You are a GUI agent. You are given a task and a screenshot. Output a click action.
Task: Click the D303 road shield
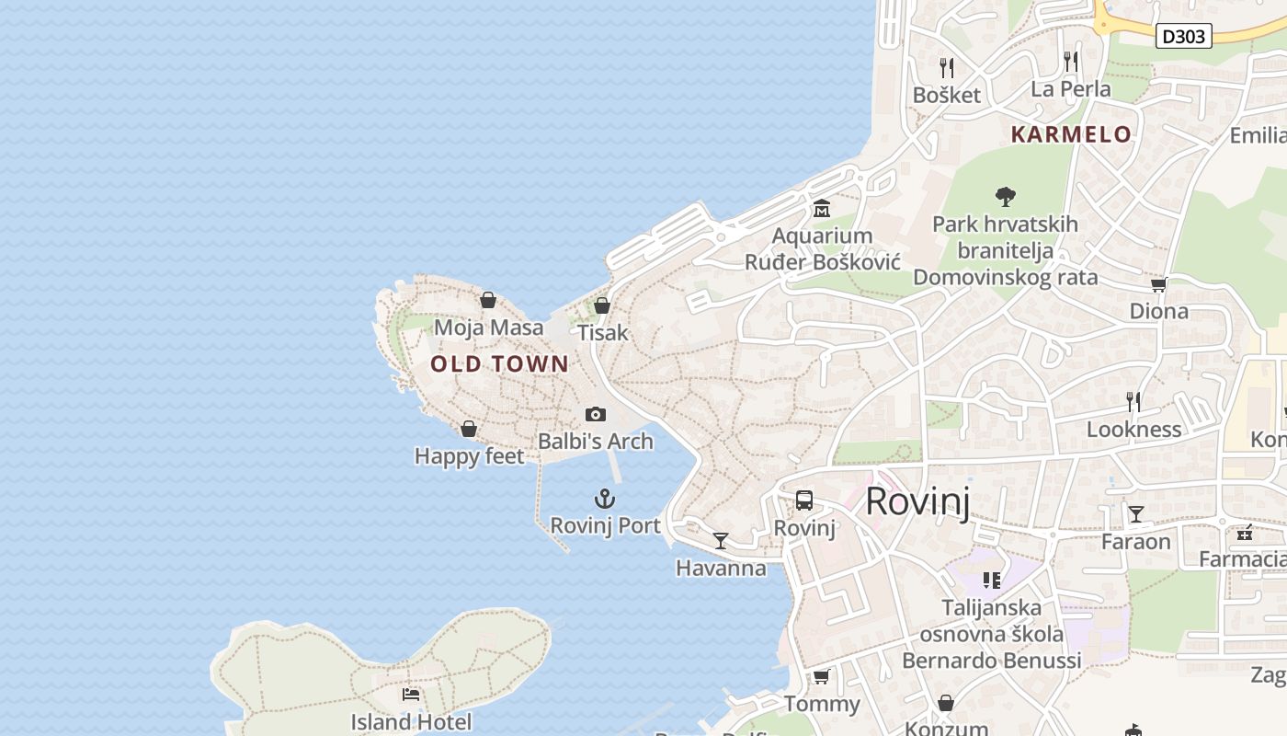coord(1184,36)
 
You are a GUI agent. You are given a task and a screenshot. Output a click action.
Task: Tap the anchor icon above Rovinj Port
coord(604,500)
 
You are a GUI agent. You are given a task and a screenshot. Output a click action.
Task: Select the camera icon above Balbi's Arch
coord(596,415)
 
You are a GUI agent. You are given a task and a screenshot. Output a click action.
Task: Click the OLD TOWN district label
coord(500,364)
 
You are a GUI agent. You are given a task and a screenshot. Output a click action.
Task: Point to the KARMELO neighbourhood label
coord(1071,134)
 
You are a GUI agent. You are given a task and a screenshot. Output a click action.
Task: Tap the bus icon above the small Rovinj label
coord(804,500)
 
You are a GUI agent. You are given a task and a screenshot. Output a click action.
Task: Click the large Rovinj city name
coord(917,501)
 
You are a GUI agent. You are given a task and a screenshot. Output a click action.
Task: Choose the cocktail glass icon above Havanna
coord(721,541)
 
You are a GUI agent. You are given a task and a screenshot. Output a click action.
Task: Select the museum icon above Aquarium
coord(821,209)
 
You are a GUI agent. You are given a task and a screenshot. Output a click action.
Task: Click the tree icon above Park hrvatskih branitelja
coord(1006,196)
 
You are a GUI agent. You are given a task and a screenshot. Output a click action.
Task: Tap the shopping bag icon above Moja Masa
coord(488,300)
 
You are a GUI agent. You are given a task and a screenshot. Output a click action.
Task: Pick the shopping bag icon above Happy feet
coord(469,429)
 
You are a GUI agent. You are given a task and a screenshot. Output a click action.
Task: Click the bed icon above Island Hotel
coord(411,695)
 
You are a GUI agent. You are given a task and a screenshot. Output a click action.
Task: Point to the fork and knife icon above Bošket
coord(946,67)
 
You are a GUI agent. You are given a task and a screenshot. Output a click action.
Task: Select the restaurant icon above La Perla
coord(1070,62)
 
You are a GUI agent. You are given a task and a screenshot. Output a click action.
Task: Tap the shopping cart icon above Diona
coord(1158,284)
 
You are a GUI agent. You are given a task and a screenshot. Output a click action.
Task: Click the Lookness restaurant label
coord(1134,430)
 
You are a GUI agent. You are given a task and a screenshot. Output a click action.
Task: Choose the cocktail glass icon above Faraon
coord(1136,514)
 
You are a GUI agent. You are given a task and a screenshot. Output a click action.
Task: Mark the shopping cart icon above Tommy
coord(821,677)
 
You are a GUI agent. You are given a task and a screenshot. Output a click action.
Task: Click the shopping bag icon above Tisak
coord(602,305)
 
